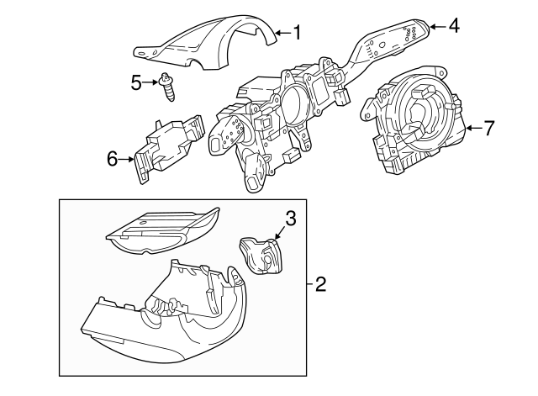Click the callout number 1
(x=296, y=33)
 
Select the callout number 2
(x=319, y=284)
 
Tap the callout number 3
(x=289, y=219)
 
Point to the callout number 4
(x=453, y=25)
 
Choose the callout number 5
(x=137, y=82)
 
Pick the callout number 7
(x=489, y=129)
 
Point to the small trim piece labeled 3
(x=261, y=255)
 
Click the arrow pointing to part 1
(x=282, y=33)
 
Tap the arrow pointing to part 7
(x=473, y=129)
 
